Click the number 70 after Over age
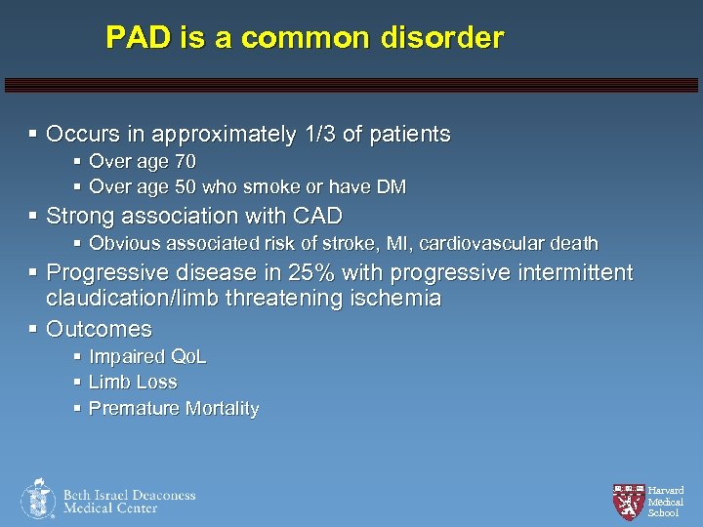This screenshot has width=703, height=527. (x=185, y=161)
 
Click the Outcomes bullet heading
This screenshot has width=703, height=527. (x=99, y=329)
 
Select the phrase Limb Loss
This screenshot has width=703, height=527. (x=133, y=383)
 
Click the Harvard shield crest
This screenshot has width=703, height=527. (x=628, y=501)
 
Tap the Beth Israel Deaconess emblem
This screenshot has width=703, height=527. (x=38, y=499)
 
